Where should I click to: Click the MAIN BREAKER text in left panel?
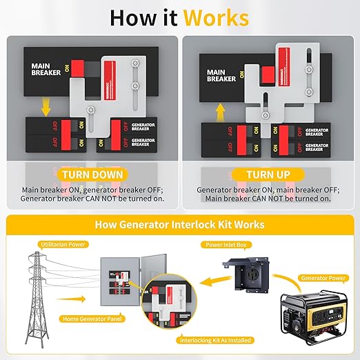pos(46,70)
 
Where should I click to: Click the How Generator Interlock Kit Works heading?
pos(180,224)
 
